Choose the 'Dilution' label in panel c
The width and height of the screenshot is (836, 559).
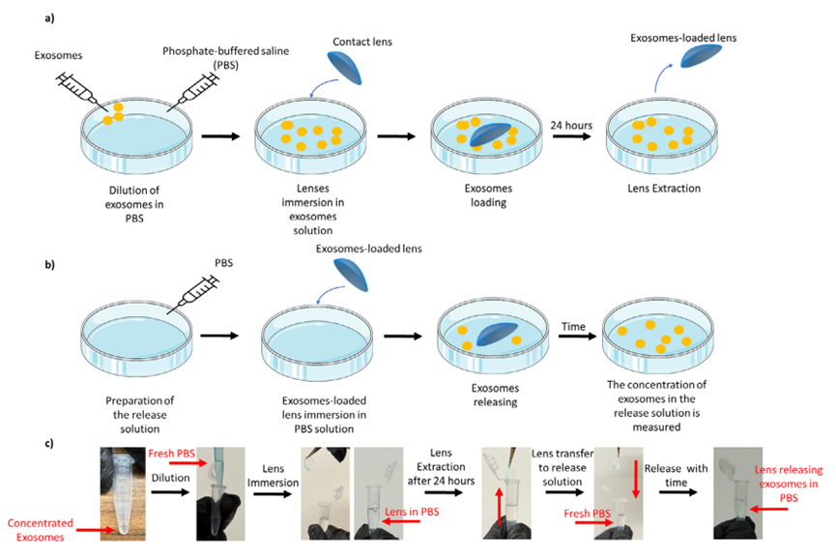coord(170,477)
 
